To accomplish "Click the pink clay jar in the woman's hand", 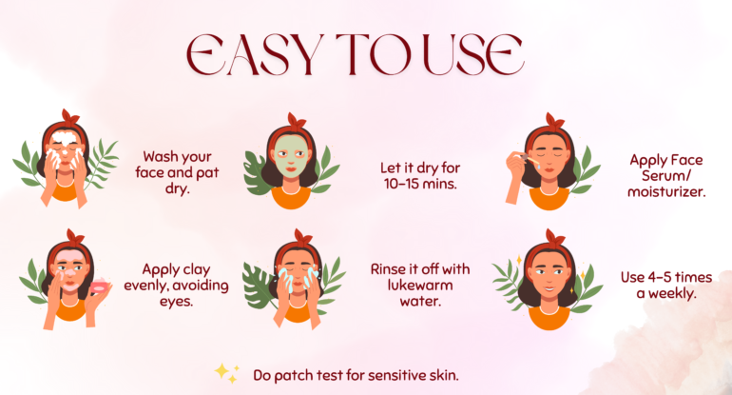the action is (x=99, y=286).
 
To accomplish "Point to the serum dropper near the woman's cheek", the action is (x=529, y=159).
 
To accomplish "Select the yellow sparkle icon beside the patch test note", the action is (x=227, y=373).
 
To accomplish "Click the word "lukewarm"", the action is (x=420, y=285).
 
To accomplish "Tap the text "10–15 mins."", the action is (x=420, y=184).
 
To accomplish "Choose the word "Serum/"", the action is (x=666, y=176).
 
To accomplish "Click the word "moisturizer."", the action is (x=666, y=191).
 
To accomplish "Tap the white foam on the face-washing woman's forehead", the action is (x=65, y=139).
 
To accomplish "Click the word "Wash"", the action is (x=159, y=156).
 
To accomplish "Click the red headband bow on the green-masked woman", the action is (x=297, y=121).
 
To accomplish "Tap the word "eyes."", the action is (x=176, y=302).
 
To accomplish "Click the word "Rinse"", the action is (x=387, y=269).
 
